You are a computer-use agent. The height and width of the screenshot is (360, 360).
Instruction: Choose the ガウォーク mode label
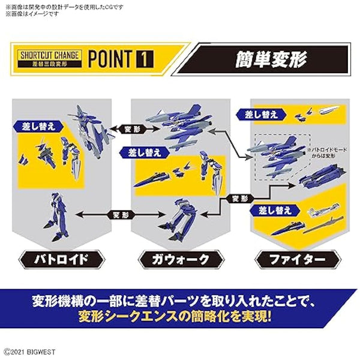179,260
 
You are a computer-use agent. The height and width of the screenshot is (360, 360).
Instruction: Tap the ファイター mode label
299,260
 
